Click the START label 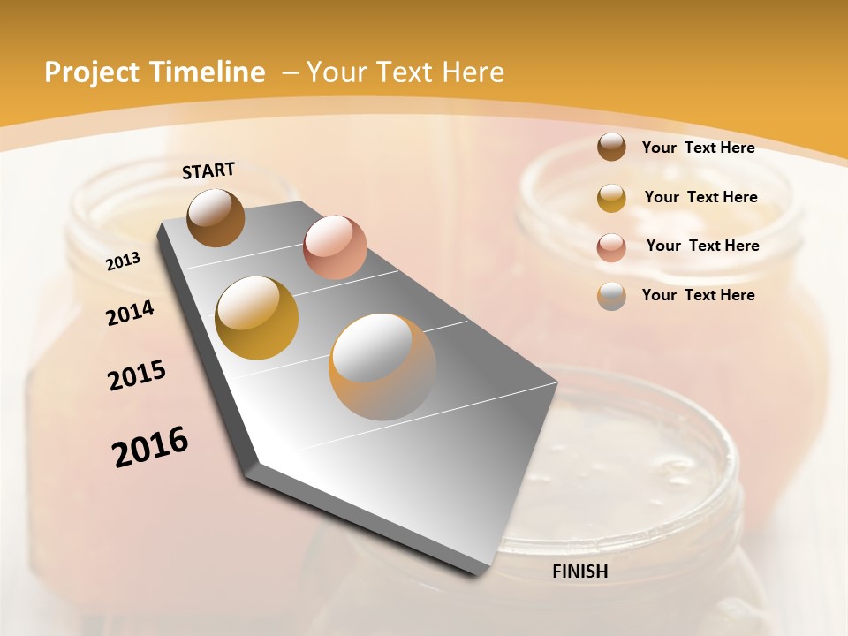click(208, 170)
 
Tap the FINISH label click(580, 572)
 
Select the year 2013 click(124, 261)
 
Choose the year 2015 click(137, 375)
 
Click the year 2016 click(150, 446)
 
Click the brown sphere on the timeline click(216, 217)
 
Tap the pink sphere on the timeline click(335, 246)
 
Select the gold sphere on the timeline click(257, 318)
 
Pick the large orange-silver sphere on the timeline click(382, 367)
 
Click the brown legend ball click(611, 148)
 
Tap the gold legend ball click(611, 197)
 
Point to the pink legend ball click(611, 246)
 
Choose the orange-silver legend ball click(611, 295)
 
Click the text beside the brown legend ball click(699, 148)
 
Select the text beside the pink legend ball click(703, 246)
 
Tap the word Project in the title click(93, 72)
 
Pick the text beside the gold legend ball click(701, 197)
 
